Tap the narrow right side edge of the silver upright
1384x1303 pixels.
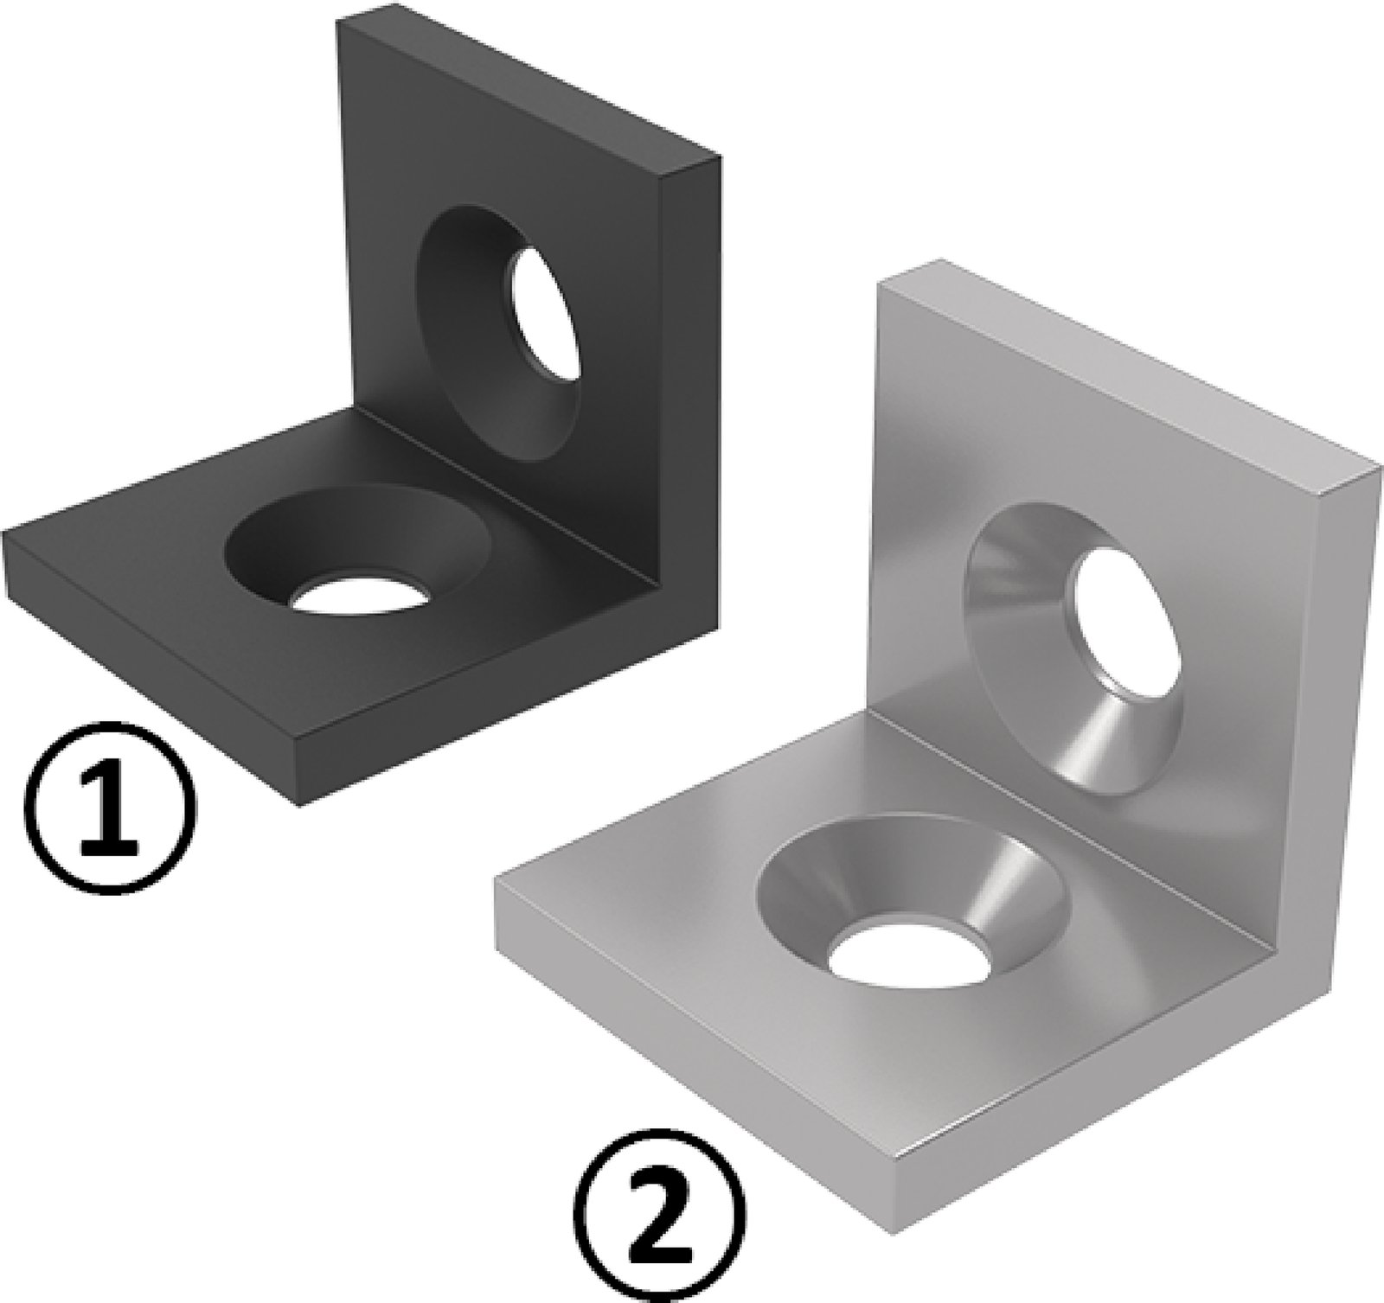point(1345,692)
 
